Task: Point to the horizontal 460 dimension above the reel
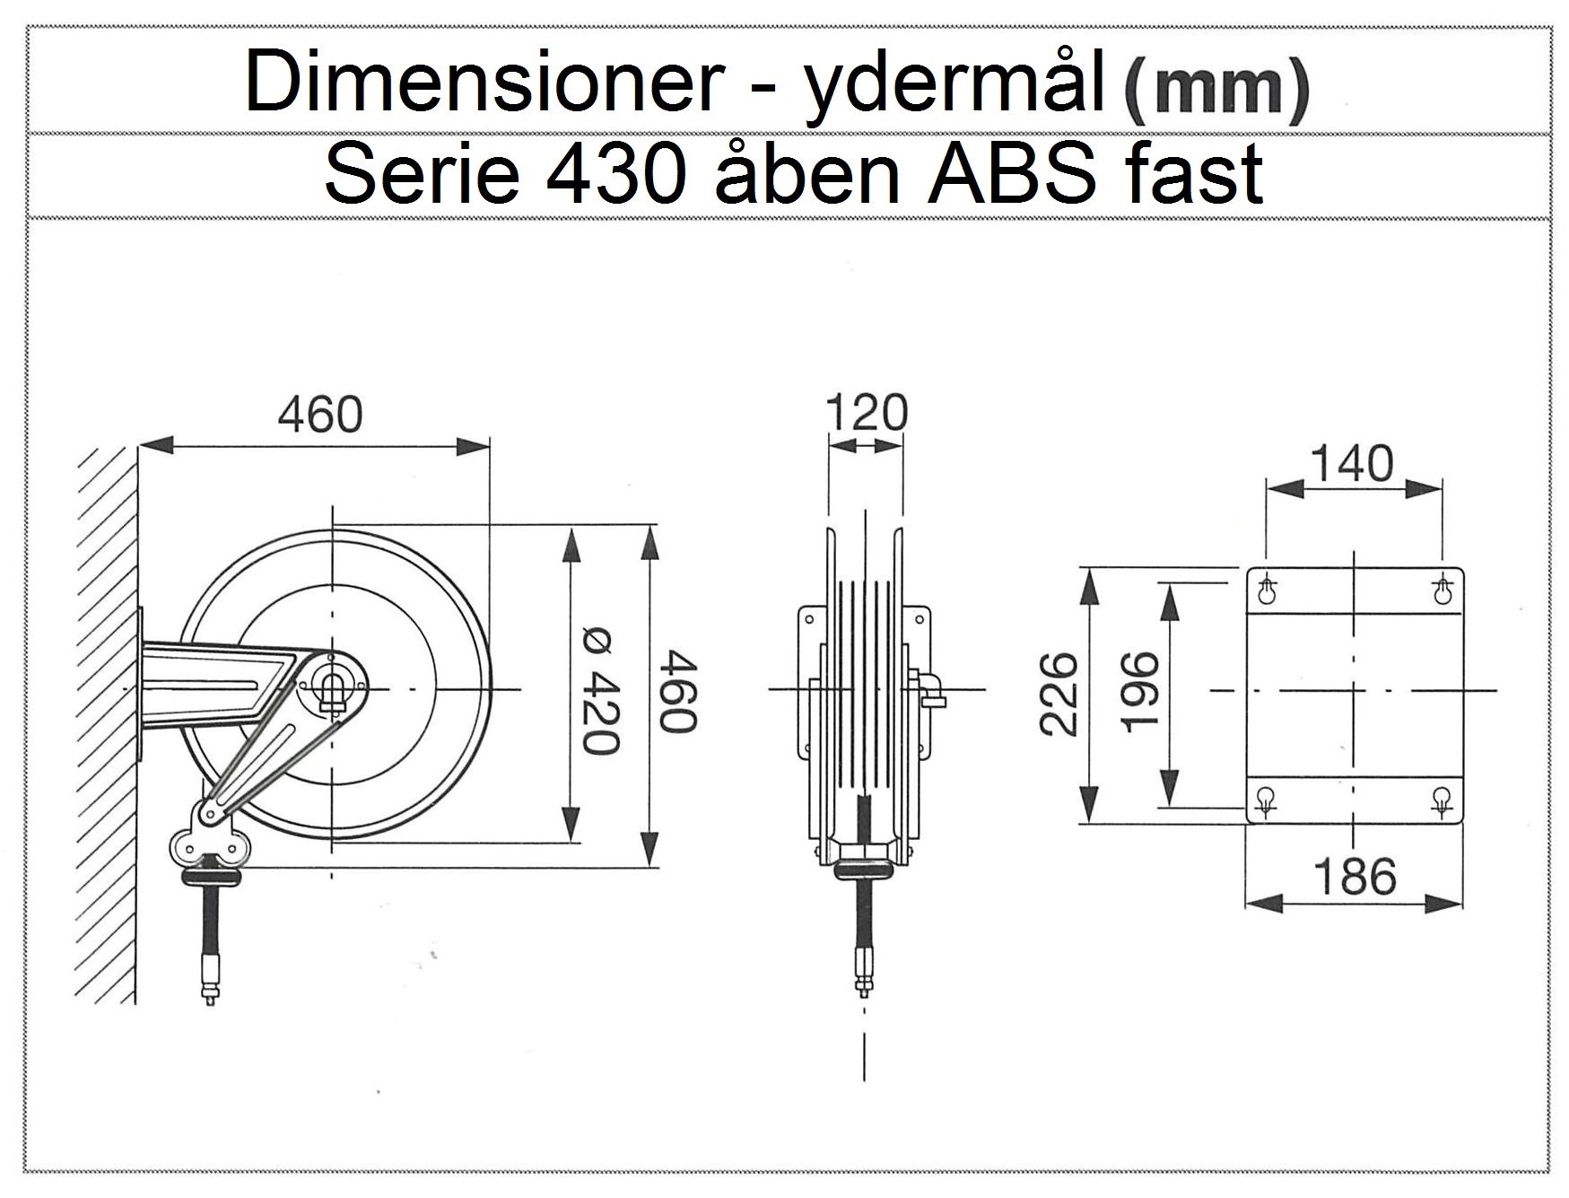(x=319, y=414)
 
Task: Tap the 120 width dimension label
(x=866, y=413)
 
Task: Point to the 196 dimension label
(x=1141, y=692)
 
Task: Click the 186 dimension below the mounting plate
(x=1355, y=876)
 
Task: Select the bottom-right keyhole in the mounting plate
(x=1441, y=799)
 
